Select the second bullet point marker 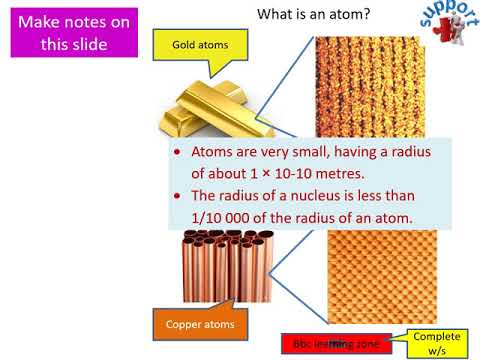[177, 196]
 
